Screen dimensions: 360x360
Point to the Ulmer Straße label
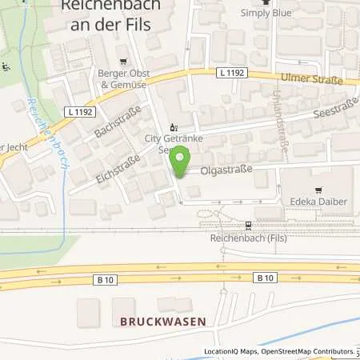pos(311,80)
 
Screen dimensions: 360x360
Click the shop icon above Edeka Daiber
pos(320,190)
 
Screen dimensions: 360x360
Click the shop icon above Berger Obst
pos(122,61)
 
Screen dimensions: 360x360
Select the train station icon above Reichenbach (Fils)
pos(249,225)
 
